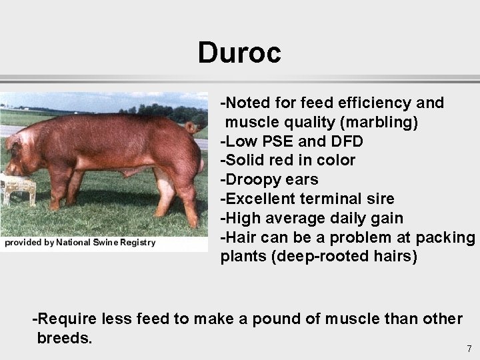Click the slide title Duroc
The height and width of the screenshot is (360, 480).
click(239, 53)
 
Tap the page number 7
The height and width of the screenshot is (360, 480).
click(469, 349)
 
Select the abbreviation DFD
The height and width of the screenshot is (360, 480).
click(345, 141)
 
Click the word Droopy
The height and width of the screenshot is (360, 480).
click(250, 180)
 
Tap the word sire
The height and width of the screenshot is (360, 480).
click(381, 199)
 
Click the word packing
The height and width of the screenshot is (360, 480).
click(445, 237)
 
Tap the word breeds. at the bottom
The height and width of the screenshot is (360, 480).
click(65, 338)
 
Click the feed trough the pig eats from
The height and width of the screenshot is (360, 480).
click(17, 186)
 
